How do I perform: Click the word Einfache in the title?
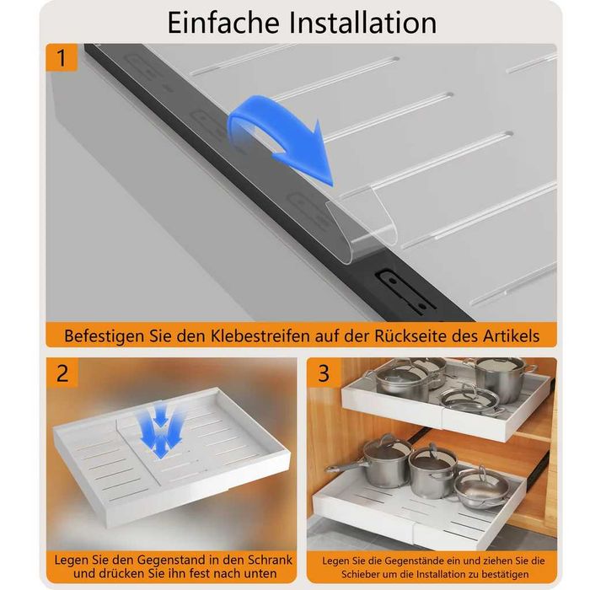tap(223, 23)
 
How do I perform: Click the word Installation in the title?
tap(362, 23)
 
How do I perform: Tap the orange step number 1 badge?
tap(62, 57)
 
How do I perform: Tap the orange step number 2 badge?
tap(62, 373)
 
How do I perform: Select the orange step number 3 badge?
tap(323, 373)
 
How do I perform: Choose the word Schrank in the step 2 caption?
tap(270, 560)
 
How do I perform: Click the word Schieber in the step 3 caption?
tap(358, 575)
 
